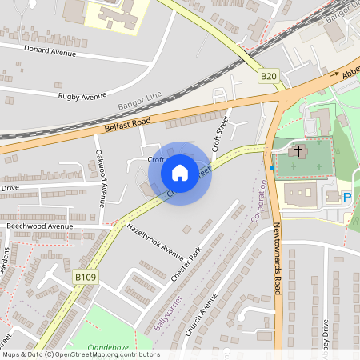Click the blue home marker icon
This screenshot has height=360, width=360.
[180, 173]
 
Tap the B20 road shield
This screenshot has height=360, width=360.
[268, 77]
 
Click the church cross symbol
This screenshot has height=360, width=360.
[298, 150]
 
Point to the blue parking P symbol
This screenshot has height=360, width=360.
[347, 198]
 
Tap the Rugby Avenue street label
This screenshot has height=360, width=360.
[82, 96]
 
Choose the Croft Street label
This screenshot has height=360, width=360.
[217, 133]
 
